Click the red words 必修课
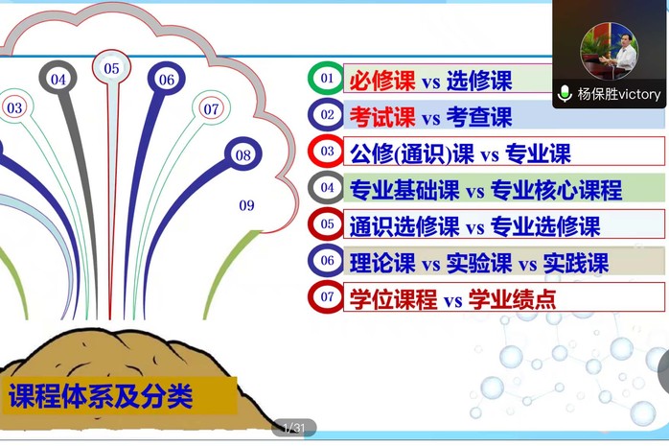point(381,81)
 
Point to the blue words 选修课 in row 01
point(479,81)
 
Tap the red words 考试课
point(381,116)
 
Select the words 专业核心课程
point(556,190)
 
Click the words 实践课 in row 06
point(576,263)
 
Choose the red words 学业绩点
point(512,299)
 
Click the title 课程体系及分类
point(102,396)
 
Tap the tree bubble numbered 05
point(111,68)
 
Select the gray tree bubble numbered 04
point(58,79)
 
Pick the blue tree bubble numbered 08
point(243,154)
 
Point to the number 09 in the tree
point(246,205)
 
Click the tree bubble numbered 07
point(211,108)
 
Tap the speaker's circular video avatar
point(609,51)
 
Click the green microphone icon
point(565,93)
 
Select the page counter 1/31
point(294,427)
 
